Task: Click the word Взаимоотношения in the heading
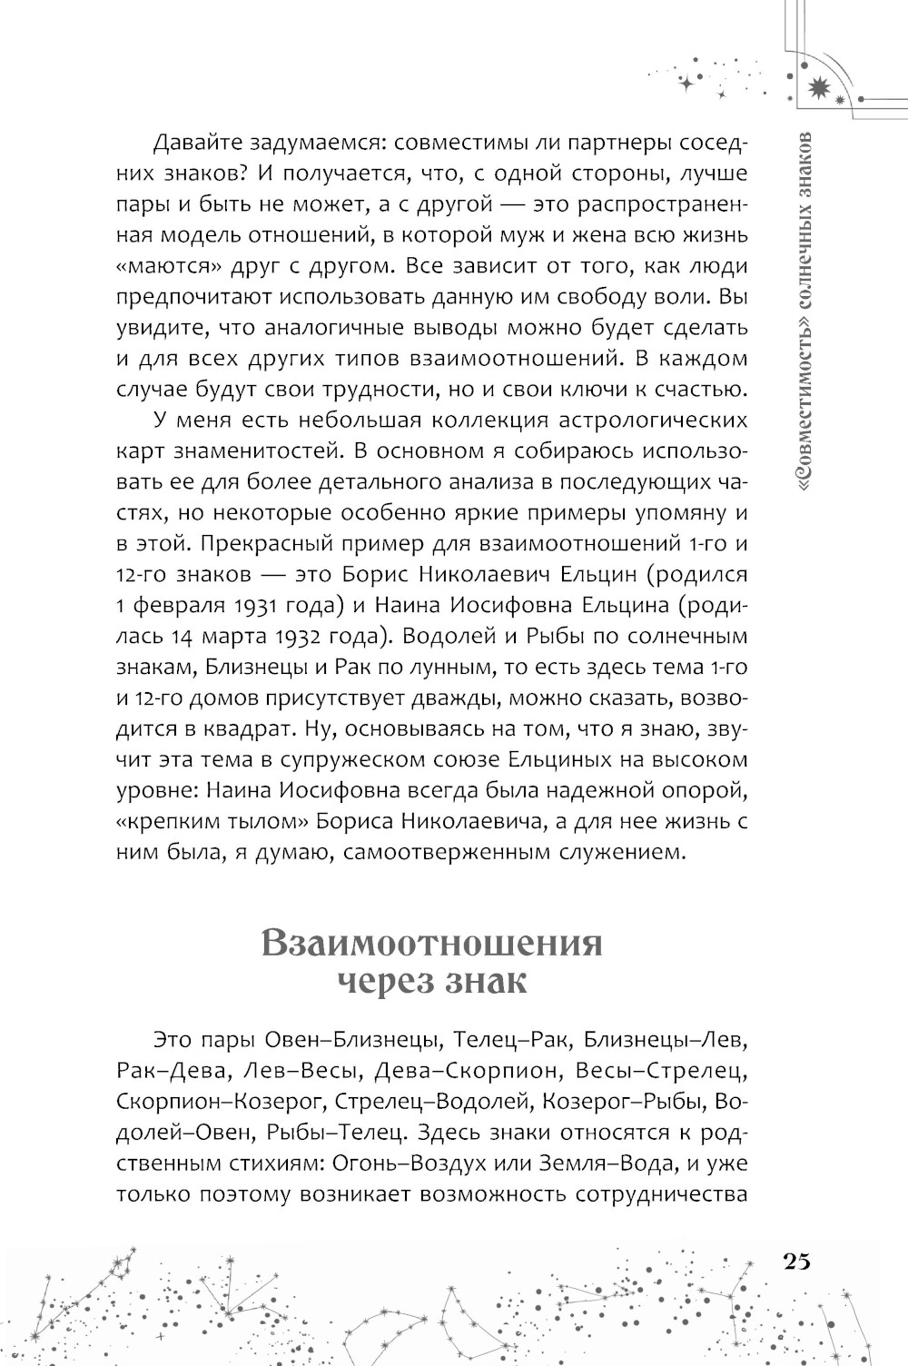431,944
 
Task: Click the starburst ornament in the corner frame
820,86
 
